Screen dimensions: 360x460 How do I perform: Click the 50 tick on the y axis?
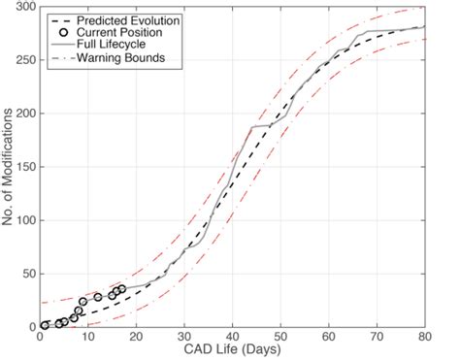pyautogui.click(x=26, y=274)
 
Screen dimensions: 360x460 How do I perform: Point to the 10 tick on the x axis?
pyautogui.click(x=87, y=337)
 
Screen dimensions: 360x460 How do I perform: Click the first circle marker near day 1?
pyautogui.click(x=45, y=325)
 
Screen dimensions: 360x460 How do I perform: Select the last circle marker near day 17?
pyautogui.click(x=120, y=289)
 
